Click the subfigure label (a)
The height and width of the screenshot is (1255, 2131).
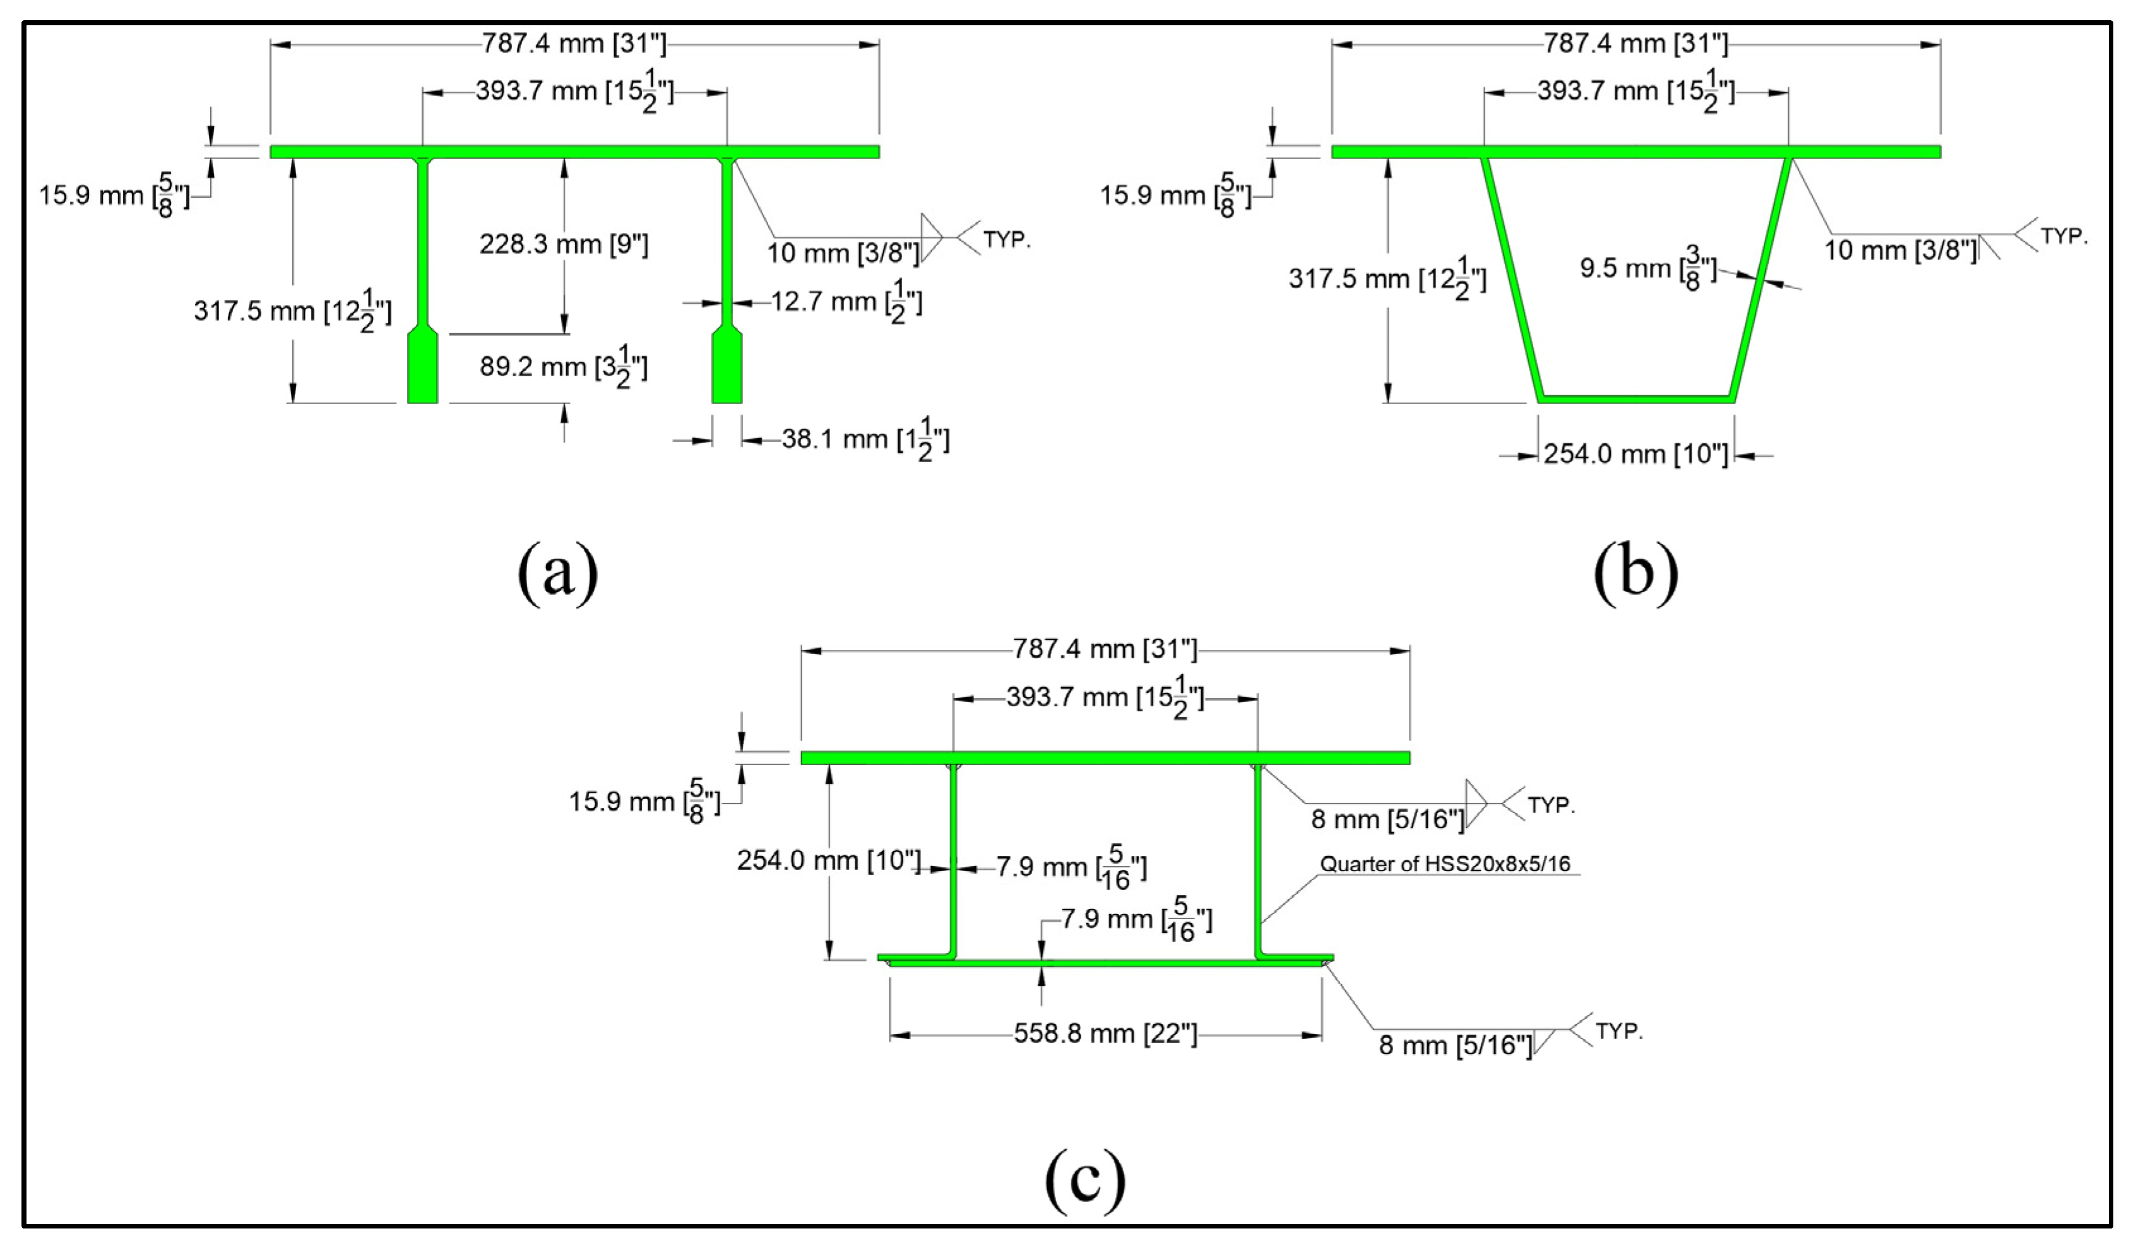point(557,573)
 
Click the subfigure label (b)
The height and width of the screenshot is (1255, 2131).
point(1635,573)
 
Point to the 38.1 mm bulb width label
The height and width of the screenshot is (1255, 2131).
point(864,441)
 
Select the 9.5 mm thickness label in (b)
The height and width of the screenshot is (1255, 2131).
point(1647,269)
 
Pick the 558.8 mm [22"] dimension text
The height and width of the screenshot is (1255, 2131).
point(1105,1033)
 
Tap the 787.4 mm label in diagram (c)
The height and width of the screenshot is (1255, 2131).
point(1105,650)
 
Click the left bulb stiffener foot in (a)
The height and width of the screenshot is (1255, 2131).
point(422,369)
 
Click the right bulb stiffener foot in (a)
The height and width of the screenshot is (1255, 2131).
point(727,369)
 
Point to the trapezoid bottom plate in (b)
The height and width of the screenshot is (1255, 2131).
point(1636,398)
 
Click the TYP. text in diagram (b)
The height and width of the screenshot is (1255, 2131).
point(2063,237)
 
